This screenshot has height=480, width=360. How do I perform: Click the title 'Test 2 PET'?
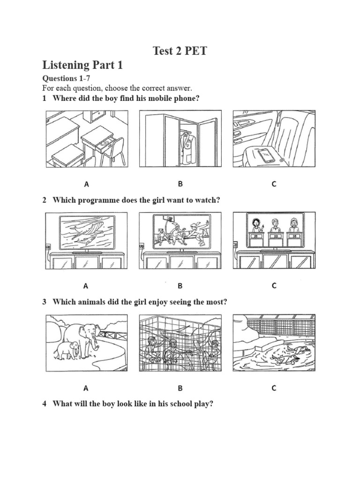180,51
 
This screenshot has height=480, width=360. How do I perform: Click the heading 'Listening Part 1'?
82,65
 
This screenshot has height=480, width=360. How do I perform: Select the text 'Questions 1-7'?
63,78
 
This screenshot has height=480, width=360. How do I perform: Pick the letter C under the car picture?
274,184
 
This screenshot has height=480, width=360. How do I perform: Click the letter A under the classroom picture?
86,184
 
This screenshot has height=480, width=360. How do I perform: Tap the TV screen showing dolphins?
86,232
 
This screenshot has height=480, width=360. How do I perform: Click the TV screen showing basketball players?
180,232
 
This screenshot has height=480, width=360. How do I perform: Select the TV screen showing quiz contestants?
274,230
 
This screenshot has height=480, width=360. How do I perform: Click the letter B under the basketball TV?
180,285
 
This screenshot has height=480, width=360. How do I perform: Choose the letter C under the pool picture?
274,388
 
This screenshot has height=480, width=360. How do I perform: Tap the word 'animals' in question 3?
82,302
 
